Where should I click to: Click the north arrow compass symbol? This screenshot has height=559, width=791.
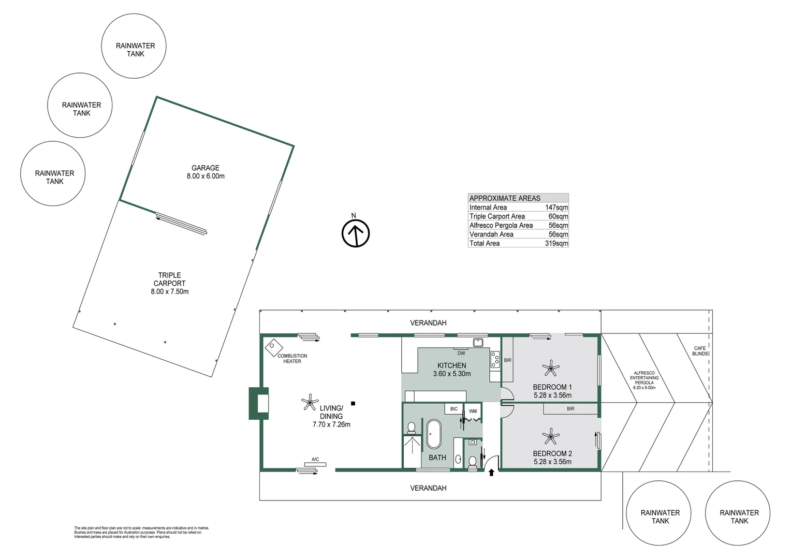click(356, 233)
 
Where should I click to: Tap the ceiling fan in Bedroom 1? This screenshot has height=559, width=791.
click(551, 369)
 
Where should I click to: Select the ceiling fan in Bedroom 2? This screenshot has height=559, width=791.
click(551, 436)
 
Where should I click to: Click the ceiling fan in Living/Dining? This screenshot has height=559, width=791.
click(310, 402)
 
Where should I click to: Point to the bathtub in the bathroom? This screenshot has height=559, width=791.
click(433, 434)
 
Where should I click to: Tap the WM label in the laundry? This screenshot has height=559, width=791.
click(473, 411)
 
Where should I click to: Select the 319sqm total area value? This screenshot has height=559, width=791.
click(556, 243)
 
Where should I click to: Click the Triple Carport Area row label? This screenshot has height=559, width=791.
click(497, 216)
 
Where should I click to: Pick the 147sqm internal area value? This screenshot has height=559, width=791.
click(556, 208)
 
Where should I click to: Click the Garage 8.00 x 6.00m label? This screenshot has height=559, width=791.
click(206, 172)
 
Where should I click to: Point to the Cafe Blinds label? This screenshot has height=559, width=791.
click(699, 351)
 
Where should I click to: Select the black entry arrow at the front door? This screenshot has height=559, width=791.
click(491, 472)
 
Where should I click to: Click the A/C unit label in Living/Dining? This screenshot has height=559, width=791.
click(315, 460)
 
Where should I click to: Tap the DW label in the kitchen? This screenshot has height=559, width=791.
click(461, 353)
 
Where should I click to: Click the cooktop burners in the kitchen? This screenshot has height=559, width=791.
click(495, 360)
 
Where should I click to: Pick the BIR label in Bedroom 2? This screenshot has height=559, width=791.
click(570, 409)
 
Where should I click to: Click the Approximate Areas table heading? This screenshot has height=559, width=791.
click(505, 198)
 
